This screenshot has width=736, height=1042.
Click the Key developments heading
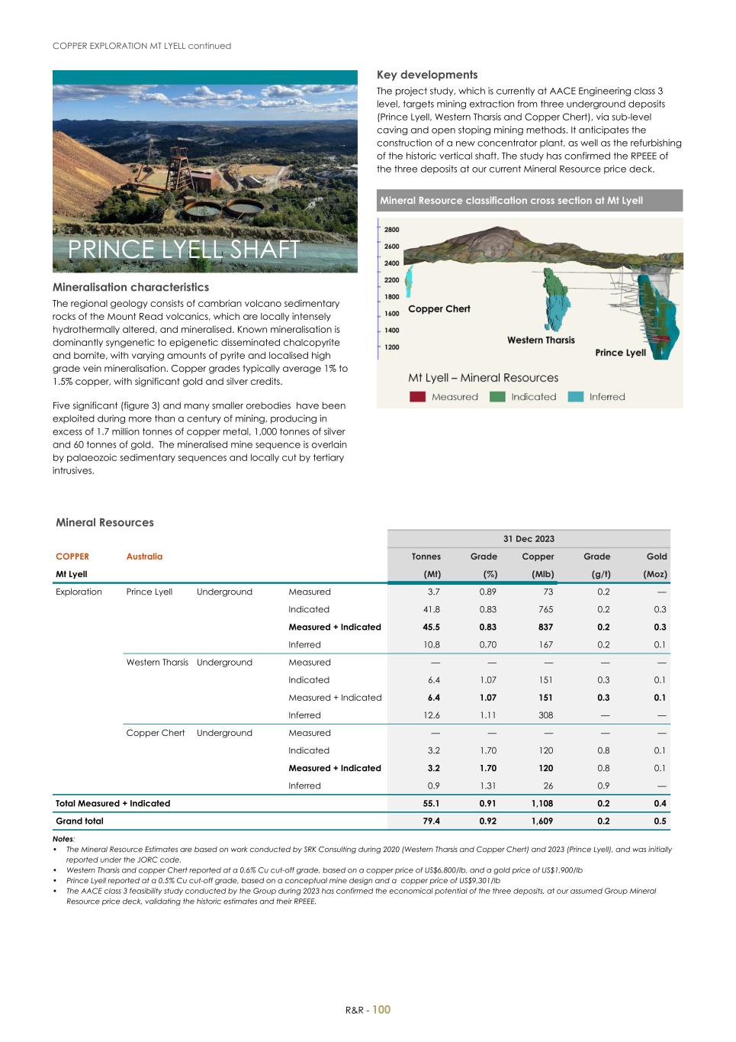(x=427, y=75)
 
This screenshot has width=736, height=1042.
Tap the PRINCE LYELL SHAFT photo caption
(x=184, y=250)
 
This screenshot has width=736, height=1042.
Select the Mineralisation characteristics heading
(x=130, y=287)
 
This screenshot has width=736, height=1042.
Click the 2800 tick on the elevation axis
(x=391, y=230)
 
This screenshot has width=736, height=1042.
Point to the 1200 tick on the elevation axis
(x=391, y=347)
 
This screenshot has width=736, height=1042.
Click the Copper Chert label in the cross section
(x=439, y=309)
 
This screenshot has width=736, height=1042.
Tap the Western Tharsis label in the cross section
(x=541, y=340)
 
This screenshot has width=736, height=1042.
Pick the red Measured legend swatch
(x=417, y=397)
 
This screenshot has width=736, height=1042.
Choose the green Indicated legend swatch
(x=497, y=397)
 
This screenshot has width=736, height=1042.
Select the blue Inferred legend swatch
(x=576, y=397)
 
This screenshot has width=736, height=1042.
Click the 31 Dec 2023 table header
(x=529, y=539)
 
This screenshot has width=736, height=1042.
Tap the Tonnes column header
(x=426, y=556)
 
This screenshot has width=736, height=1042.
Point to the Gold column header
(x=657, y=556)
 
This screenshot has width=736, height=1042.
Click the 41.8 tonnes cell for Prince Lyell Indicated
(x=431, y=609)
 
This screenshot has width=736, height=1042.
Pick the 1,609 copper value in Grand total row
(x=542, y=821)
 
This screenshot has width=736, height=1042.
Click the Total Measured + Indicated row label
(x=113, y=804)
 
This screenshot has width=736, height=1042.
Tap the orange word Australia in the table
(x=144, y=556)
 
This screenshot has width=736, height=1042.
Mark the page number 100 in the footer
(x=381, y=1010)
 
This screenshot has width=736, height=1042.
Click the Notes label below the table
(x=63, y=839)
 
